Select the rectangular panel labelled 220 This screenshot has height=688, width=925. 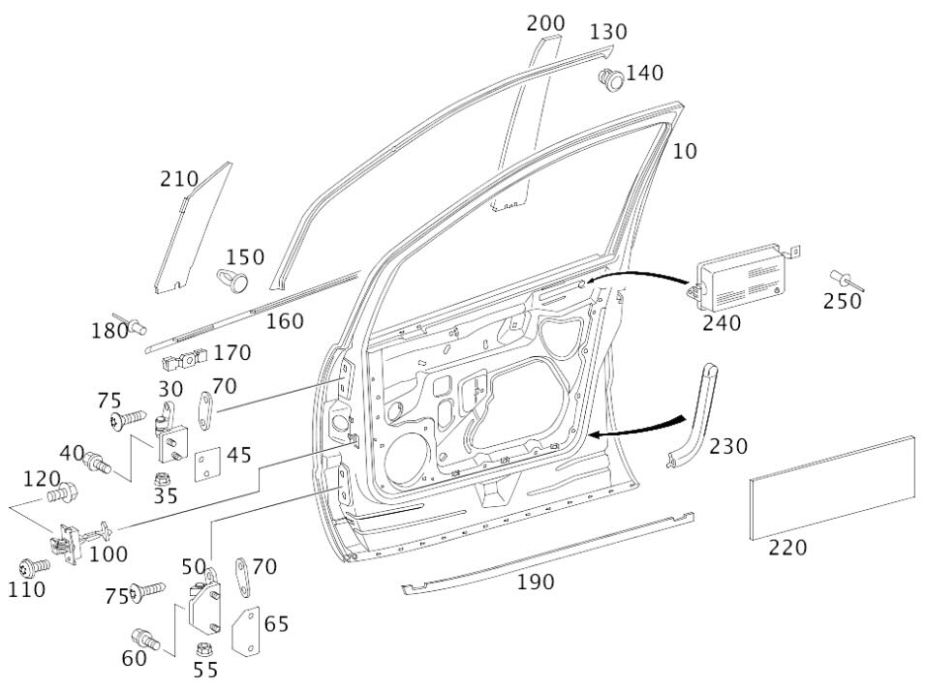[x=832, y=490]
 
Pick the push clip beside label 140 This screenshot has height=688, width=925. [x=610, y=80]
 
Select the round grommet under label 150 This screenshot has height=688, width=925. [x=232, y=280]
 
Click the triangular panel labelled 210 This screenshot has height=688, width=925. [x=192, y=232]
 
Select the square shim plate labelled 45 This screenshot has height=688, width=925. [x=208, y=464]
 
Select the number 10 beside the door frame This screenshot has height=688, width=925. [x=685, y=152]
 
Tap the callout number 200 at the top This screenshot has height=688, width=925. [x=546, y=22]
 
